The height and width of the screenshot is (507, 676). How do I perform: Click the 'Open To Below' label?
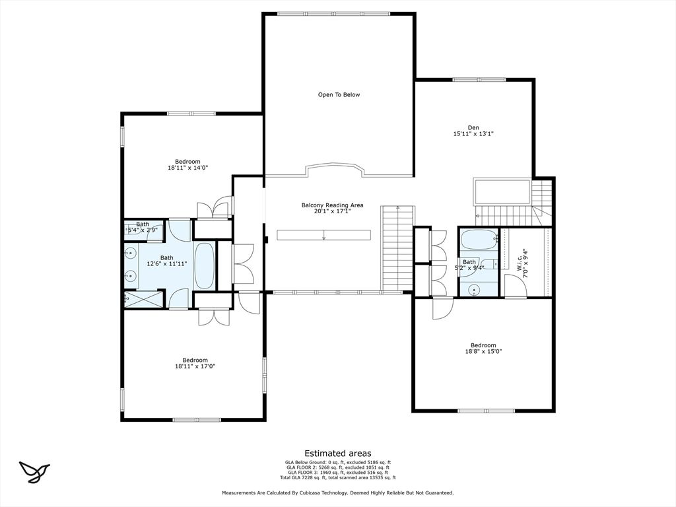coord(339,95)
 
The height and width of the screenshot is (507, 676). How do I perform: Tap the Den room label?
coord(473,127)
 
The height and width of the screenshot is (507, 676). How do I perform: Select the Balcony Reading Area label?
coord(332,205)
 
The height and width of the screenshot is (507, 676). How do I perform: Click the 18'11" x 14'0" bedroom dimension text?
coord(187,168)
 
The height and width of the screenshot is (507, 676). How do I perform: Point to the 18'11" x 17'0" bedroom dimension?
coord(195,366)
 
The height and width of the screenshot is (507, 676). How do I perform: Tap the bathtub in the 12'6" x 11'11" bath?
coord(204,266)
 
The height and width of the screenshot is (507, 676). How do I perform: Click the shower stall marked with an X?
coord(143,299)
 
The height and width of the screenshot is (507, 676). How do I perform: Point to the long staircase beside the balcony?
coord(397,248)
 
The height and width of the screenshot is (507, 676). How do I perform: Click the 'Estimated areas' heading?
coord(337,454)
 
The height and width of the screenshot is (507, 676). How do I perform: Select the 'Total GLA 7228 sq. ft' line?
coord(337,478)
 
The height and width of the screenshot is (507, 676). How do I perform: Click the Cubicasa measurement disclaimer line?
coord(337,493)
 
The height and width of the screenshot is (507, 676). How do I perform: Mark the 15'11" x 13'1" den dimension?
coord(473,134)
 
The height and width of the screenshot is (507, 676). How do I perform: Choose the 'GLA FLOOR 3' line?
coord(337,473)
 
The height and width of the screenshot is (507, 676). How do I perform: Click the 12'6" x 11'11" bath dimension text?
coord(167,264)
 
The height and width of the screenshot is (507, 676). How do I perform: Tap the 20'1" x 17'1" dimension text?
coord(332,211)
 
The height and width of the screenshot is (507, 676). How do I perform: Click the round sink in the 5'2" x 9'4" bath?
coord(474,289)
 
